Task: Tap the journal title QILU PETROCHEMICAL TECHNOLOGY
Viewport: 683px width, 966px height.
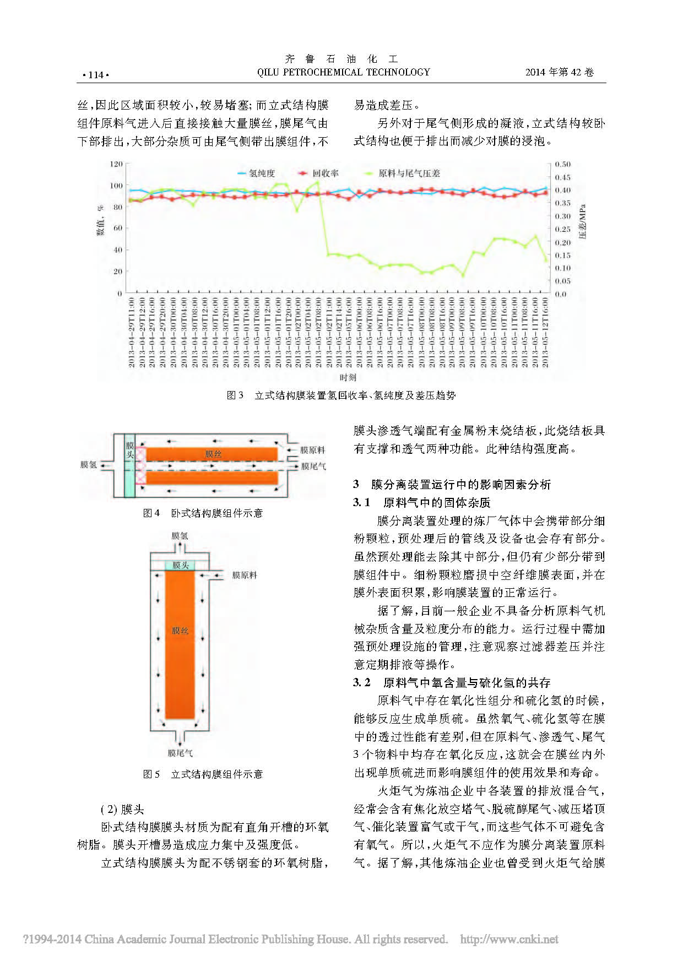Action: tap(343, 72)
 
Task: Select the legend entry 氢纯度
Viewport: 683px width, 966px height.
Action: tap(262, 173)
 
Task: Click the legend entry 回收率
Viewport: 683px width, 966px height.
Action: tap(325, 173)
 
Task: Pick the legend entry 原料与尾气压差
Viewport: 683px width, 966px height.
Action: tap(409, 173)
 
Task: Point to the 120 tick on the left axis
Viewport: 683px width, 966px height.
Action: tap(116, 164)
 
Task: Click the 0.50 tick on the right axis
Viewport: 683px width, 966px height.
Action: tap(562, 164)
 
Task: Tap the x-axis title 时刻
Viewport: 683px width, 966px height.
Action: tap(348, 377)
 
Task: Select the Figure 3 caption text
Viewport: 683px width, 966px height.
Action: tap(341, 395)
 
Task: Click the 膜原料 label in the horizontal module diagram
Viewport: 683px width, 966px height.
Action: tap(312, 450)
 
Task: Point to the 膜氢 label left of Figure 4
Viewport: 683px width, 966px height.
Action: tap(88, 465)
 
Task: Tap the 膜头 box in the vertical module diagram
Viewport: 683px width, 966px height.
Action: tap(180, 565)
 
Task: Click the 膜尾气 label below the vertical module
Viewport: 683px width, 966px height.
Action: tap(180, 753)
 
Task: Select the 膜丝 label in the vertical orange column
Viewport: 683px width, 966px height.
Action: tap(180, 631)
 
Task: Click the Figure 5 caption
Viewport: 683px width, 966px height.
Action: tap(203, 774)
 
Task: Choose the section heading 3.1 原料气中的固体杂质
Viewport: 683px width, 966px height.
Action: tap(422, 502)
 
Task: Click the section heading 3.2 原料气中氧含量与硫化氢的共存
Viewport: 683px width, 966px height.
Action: tap(452, 683)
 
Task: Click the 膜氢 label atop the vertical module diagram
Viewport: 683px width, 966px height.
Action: tap(180, 536)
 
